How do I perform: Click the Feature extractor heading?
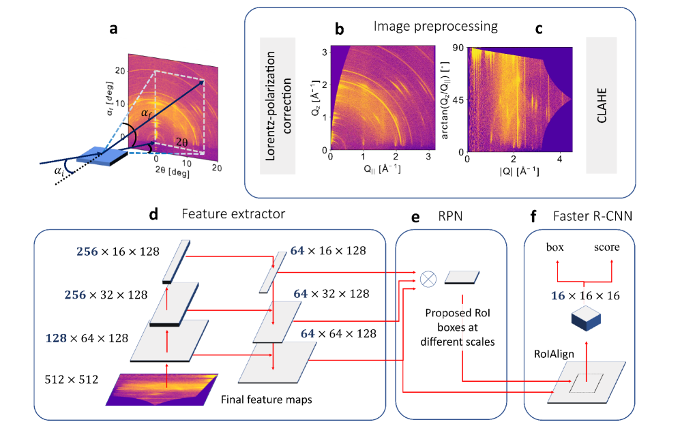pyautogui.click(x=233, y=213)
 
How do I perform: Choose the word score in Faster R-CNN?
pyautogui.click(x=606, y=247)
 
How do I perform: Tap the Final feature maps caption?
pyautogui.click(x=267, y=400)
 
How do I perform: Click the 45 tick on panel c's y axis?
pyautogui.click(x=458, y=100)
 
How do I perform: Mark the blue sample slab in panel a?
pyautogui.click(x=101, y=156)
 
